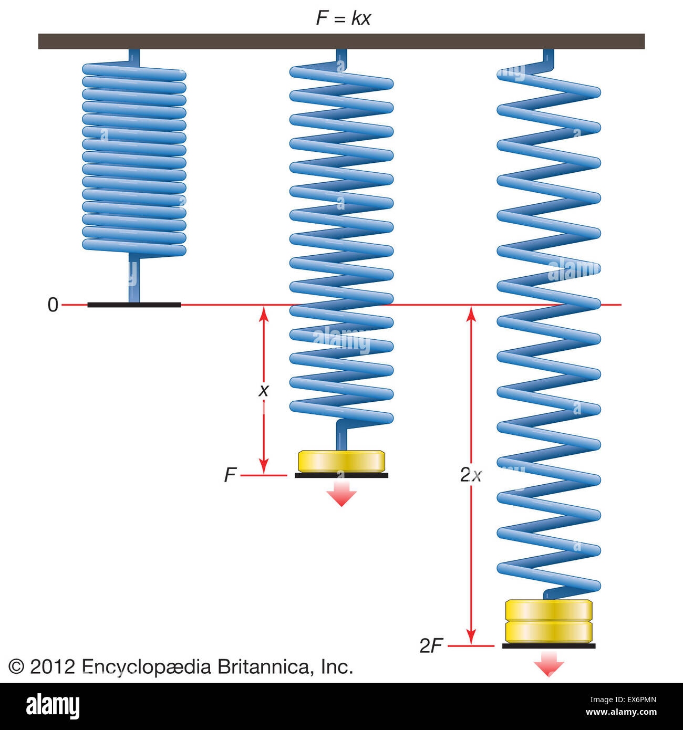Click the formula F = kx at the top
point(343,18)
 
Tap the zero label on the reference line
point(53,305)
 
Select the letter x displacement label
point(264,390)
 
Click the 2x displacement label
point(471,475)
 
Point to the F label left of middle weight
point(230,475)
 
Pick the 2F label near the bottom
point(431,646)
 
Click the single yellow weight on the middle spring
point(341,461)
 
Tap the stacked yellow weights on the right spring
point(549,621)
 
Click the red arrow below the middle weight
point(341,494)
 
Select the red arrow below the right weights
point(549,664)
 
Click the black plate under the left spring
point(134,305)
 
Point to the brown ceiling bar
point(341,41)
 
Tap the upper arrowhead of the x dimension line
point(264,314)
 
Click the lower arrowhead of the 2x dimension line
point(471,637)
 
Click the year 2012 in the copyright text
point(53,667)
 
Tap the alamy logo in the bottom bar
point(53,706)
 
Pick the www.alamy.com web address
point(621,713)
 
